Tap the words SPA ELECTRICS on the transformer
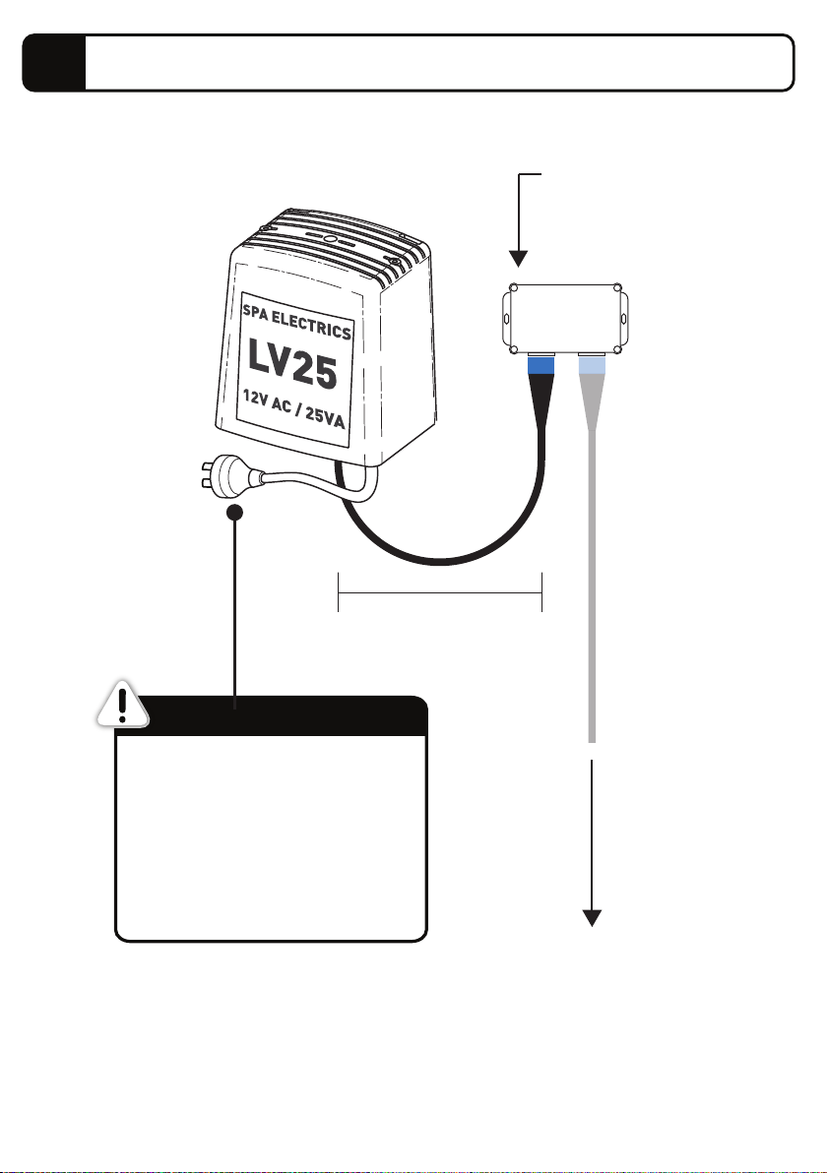pyautogui.click(x=296, y=321)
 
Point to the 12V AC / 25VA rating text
pyautogui.click(x=293, y=408)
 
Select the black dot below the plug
pyautogui.click(x=235, y=513)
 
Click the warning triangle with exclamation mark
pyautogui.click(x=123, y=704)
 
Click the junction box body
pyautogui.click(x=565, y=319)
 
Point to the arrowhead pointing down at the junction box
pyautogui.click(x=518, y=259)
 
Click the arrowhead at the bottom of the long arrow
pyautogui.click(x=592, y=918)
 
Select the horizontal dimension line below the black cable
pyautogui.click(x=440, y=592)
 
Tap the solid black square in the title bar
pyautogui.click(x=54, y=63)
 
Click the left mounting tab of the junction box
pyautogui.click(x=505, y=319)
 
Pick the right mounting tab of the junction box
pyautogui.click(x=624, y=319)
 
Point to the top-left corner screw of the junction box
pyautogui.click(x=513, y=288)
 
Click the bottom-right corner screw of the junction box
pyautogui.click(x=616, y=349)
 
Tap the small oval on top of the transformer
pyautogui.click(x=329, y=240)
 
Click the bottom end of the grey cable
pyautogui.click(x=592, y=741)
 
